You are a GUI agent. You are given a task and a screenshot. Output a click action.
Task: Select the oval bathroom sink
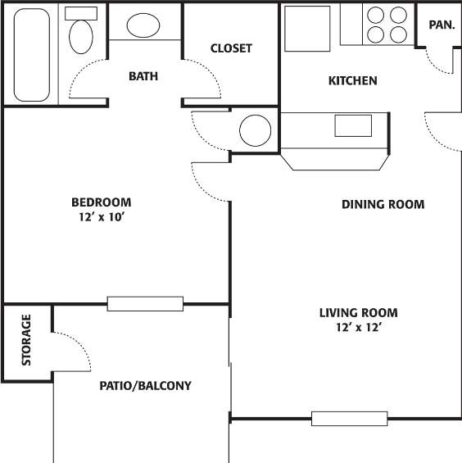(x=144, y=25)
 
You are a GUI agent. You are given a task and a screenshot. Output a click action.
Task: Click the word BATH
(x=143, y=77)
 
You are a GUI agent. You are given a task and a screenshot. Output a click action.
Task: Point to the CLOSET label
(x=231, y=48)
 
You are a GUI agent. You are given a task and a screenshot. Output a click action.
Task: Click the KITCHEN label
(x=352, y=80)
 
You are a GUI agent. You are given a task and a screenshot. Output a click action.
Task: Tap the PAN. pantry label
(x=442, y=25)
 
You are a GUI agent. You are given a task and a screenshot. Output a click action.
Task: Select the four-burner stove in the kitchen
(x=387, y=25)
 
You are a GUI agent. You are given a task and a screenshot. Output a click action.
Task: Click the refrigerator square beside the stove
(x=307, y=30)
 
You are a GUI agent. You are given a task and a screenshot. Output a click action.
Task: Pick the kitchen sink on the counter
(x=353, y=125)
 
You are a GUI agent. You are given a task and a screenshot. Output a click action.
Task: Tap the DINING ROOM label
(x=383, y=204)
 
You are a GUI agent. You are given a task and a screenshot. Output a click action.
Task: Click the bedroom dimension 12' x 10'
(x=101, y=218)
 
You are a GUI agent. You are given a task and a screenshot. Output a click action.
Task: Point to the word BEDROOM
(x=101, y=202)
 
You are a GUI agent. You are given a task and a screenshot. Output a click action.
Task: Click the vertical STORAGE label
(x=26, y=339)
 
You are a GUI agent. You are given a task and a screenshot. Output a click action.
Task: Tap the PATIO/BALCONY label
(x=145, y=385)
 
